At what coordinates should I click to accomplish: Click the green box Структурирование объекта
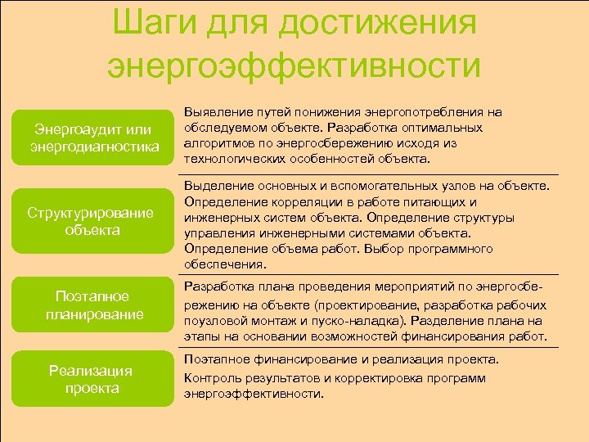pyautogui.click(x=90, y=221)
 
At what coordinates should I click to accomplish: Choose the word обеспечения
pyautogui.click(x=224, y=264)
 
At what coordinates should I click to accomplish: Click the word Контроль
pyautogui.click(x=210, y=378)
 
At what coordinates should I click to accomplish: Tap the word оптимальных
pyautogui.click(x=440, y=128)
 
